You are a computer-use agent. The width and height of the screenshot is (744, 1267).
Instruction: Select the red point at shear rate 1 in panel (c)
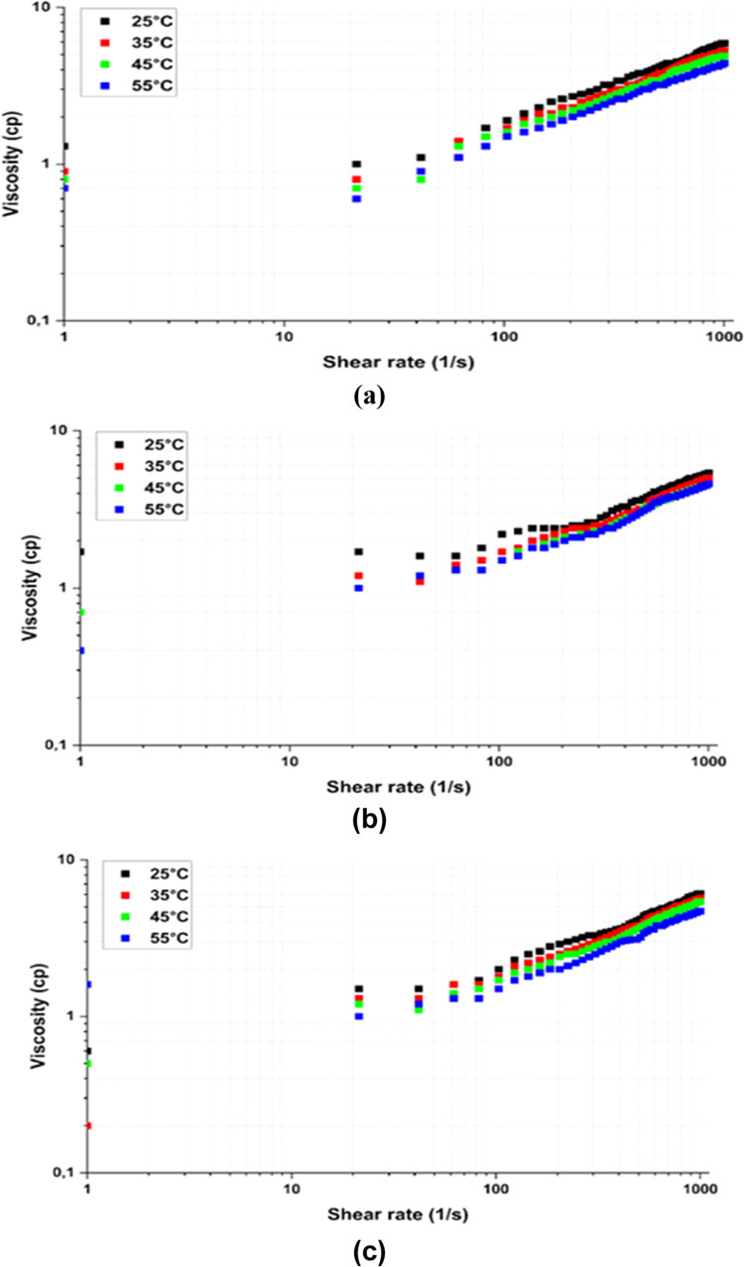pyautogui.click(x=88, y=1125)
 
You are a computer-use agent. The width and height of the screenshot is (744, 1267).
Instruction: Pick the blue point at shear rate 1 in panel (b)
pyautogui.click(x=81, y=650)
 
